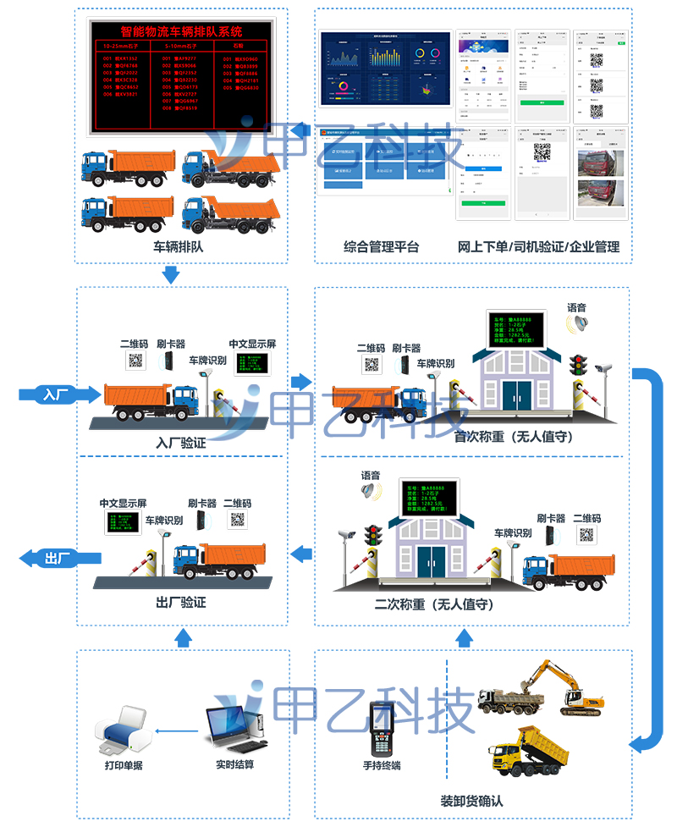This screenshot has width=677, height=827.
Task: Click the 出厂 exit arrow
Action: coord(60,557)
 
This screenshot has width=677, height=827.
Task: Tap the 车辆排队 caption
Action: coord(179,248)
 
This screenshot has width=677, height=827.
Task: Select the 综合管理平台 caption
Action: coord(381,247)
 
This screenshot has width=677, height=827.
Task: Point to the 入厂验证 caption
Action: coord(181,443)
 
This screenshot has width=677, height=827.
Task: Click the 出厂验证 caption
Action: coord(181,603)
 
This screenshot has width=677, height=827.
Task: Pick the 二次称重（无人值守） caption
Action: coord(434,604)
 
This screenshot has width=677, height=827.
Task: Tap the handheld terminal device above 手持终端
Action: coord(382,728)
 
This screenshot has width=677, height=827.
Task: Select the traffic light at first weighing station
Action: coord(579,365)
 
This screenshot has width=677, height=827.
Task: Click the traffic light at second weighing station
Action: coord(372,534)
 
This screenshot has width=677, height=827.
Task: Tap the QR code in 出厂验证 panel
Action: coord(238,520)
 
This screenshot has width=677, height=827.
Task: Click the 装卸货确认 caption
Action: coord(471,801)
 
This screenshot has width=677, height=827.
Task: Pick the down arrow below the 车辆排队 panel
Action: coord(171,274)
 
